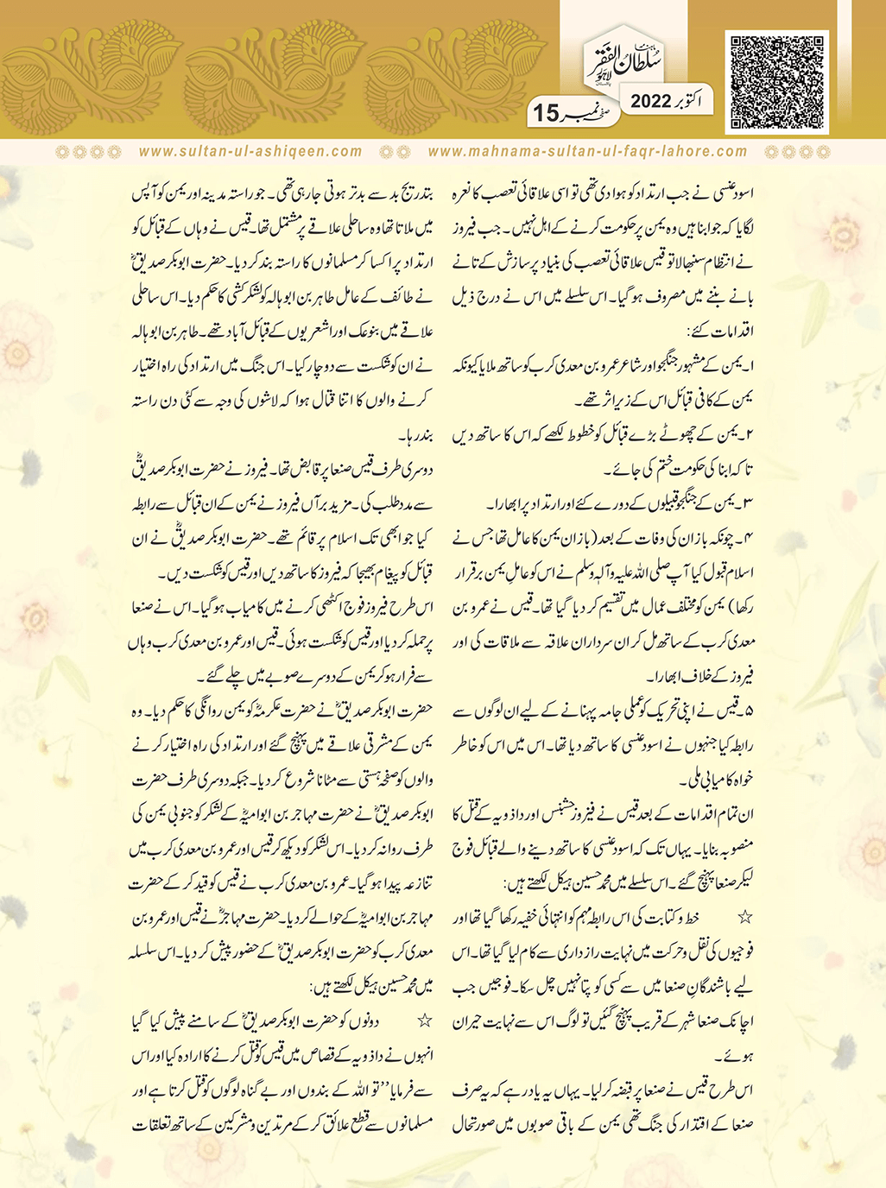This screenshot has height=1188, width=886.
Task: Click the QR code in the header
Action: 777,82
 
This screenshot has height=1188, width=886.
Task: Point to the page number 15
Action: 547,113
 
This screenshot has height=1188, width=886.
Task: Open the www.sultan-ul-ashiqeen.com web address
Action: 250,151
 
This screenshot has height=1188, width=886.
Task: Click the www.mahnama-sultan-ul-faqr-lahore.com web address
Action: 587,151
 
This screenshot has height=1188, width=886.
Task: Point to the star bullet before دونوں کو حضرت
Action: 424,1021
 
